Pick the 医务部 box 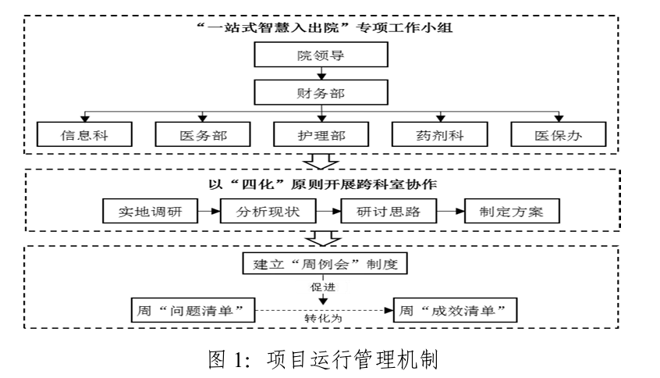(x=202, y=136)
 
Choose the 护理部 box (x=321, y=136)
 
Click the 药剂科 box (x=439, y=136)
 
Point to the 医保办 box (x=559, y=136)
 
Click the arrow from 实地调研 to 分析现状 (x=208, y=211)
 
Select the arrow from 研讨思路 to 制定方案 (x=449, y=211)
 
